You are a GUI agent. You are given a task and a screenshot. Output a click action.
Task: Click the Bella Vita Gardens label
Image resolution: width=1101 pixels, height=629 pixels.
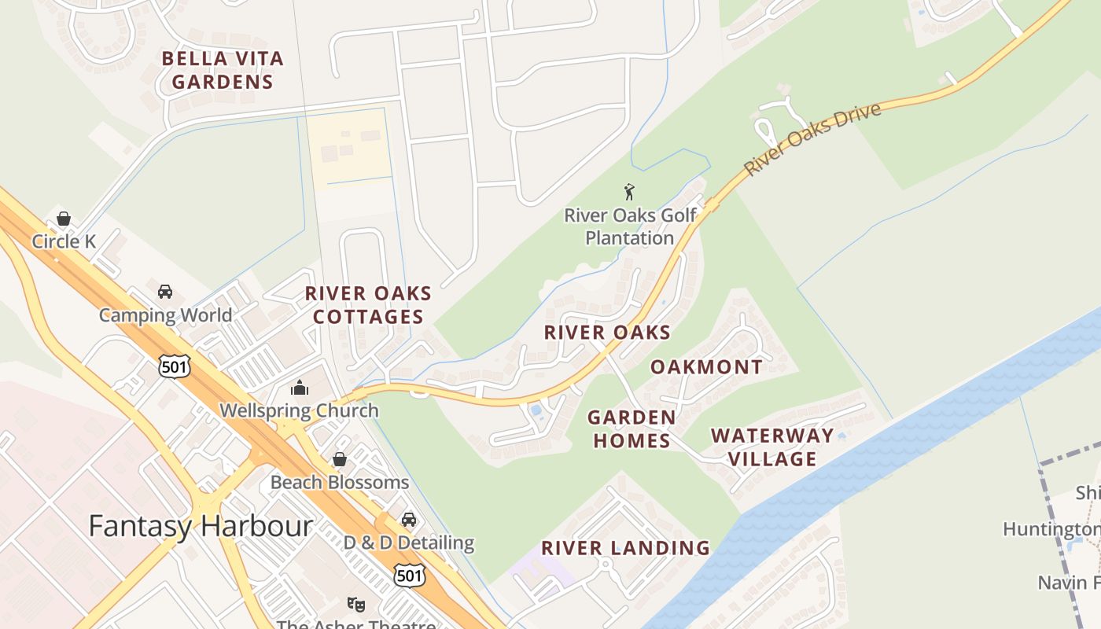coord(223,70)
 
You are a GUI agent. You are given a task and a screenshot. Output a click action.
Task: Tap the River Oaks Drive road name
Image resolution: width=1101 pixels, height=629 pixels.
coord(812,139)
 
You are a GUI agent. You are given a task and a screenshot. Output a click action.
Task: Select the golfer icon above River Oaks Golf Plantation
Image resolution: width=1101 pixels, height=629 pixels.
coord(629,192)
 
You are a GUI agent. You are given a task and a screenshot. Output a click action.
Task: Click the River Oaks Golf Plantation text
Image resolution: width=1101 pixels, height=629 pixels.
coord(630,226)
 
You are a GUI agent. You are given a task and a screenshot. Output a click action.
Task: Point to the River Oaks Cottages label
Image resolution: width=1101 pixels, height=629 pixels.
coord(368,305)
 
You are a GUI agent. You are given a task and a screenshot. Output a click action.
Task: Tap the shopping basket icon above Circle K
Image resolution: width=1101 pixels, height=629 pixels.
coord(64,219)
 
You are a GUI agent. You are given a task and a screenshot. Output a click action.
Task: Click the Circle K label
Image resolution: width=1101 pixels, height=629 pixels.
coord(64,241)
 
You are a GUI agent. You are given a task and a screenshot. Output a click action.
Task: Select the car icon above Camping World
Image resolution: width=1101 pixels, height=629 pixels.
coord(165,292)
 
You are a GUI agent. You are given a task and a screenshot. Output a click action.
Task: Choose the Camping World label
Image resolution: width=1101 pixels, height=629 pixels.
coord(165,315)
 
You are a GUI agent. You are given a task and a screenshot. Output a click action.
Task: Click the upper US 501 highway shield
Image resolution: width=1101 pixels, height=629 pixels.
coord(173,366)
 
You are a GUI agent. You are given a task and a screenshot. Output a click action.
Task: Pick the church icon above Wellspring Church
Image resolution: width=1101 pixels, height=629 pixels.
coord(299,388)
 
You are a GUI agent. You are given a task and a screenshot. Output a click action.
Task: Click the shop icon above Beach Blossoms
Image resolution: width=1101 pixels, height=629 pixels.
coord(340,459)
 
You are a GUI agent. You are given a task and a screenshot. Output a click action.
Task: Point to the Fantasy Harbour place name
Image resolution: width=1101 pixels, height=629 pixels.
coord(201,526)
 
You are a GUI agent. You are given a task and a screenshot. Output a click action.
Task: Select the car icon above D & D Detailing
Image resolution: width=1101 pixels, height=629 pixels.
coord(409,520)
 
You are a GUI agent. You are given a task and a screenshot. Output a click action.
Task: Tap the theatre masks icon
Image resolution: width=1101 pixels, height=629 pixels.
coord(356,605)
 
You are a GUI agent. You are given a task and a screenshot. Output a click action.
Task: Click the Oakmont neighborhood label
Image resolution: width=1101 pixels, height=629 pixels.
coord(706,367)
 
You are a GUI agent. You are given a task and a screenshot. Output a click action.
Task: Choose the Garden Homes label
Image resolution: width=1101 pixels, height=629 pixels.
coord(632,429)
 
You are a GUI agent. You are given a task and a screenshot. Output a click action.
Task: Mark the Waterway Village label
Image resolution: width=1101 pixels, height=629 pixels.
coord(772,447)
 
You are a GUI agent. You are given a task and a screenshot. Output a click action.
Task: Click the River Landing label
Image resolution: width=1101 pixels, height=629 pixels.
coord(625,548)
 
